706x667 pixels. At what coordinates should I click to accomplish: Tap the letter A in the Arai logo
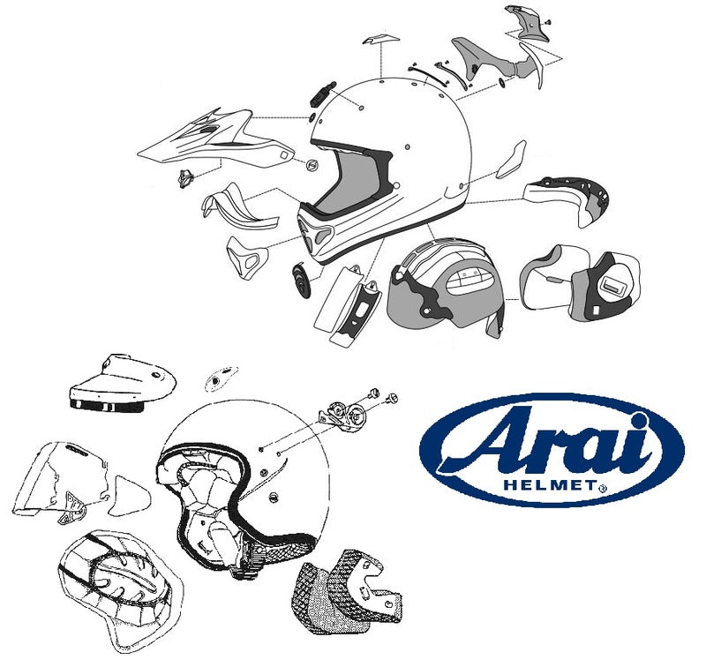[481, 442]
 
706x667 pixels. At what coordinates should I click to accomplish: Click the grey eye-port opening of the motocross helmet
[349, 190]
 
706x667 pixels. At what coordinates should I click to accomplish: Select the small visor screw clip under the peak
[187, 176]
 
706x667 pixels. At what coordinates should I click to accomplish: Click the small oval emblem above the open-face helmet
[215, 380]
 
